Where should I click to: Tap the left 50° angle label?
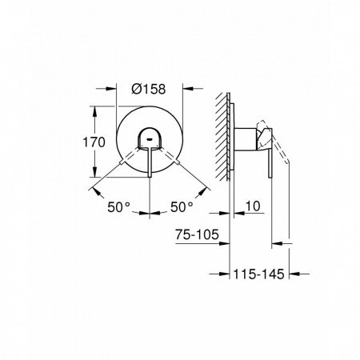(x=120, y=206)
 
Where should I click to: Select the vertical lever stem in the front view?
(x=150, y=164)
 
